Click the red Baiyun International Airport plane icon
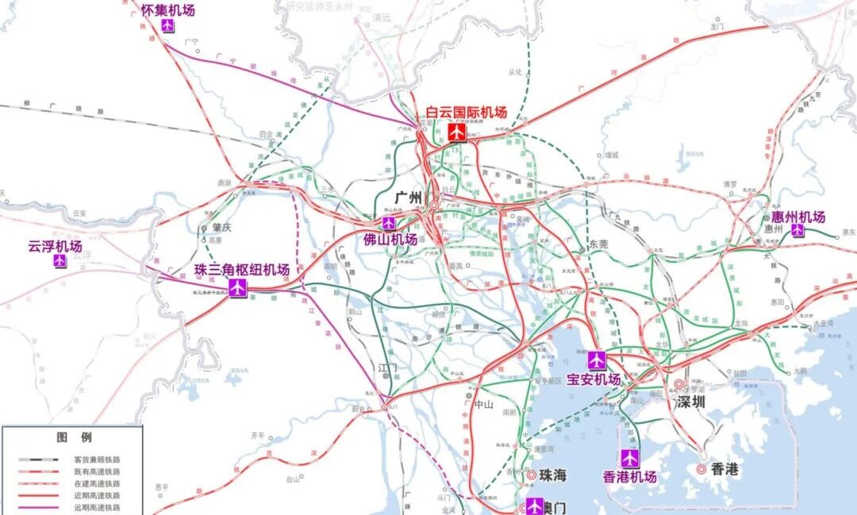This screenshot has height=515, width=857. [456, 132]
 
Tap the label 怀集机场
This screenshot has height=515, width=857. [167, 10]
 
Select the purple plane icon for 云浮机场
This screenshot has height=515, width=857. [60, 261]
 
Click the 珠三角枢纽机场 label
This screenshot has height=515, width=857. [241, 270]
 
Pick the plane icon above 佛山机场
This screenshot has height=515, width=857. [389, 223]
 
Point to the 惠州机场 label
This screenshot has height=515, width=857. [798, 217]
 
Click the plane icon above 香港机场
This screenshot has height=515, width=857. [630, 459]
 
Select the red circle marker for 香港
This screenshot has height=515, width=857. [702, 469]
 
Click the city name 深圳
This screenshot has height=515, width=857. [690, 402]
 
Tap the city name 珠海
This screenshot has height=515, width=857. [553, 475]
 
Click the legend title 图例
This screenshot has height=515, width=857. [74, 437]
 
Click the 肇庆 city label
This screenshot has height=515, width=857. [221, 227]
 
